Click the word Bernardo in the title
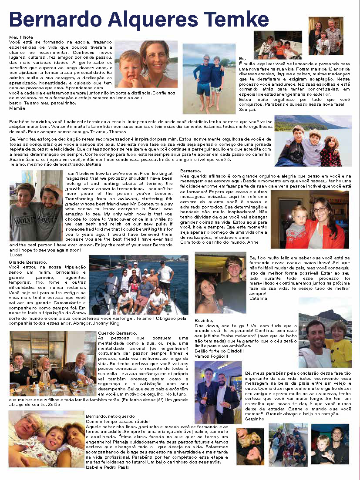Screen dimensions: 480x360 tap(52, 20)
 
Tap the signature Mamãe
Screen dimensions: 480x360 tap(18, 107)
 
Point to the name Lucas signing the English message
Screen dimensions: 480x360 tap(15, 255)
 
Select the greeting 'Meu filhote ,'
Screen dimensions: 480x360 tap(21, 37)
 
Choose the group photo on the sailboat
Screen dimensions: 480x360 tap(138, 285)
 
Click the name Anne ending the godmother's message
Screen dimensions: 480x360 tap(253, 242)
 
